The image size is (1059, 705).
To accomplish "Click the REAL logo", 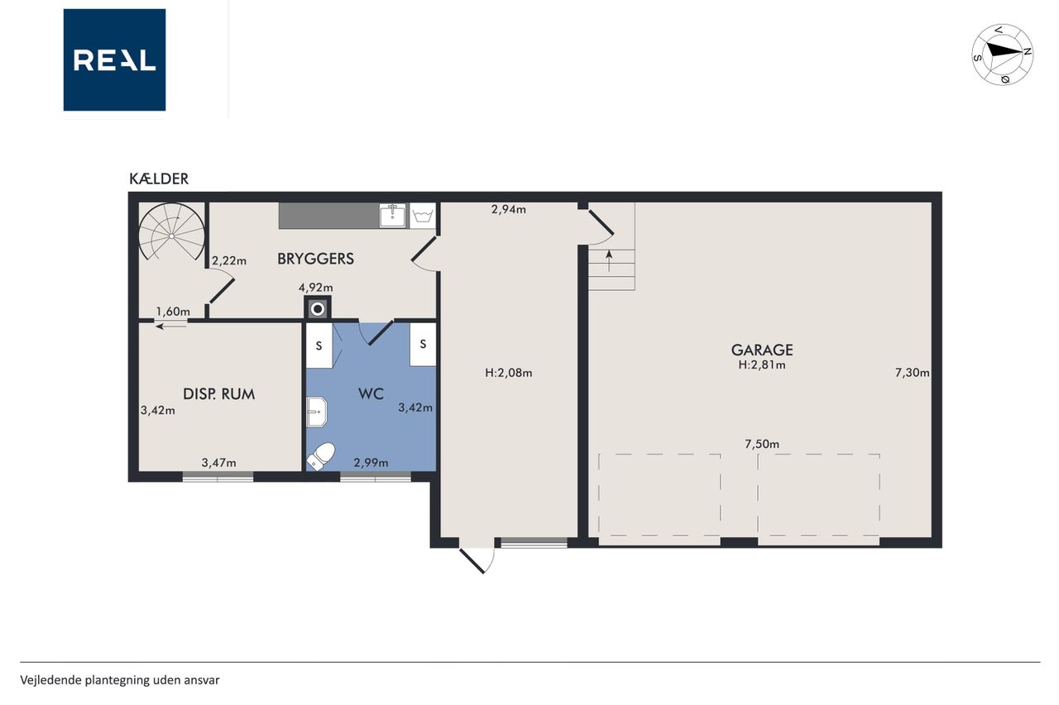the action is tap(114, 60).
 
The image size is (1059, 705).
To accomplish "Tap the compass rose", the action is tap(1002, 55).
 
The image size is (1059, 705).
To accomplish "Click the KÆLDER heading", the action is tap(159, 179).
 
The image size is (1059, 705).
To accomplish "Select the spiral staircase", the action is tap(171, 232).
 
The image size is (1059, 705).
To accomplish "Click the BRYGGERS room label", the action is tap(315, 259).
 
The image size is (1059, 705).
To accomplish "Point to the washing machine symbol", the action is tap(423, 216).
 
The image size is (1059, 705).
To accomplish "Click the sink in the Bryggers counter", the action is tap(393, 216).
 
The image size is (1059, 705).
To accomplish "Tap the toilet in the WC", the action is tap(321, 456).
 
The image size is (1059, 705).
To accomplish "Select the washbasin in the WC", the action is tap(316, 412).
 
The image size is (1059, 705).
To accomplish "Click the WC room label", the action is tap(371, 393).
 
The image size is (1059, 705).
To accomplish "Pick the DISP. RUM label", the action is tap(219, 393).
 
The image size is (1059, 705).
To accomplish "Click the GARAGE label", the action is tap(762, 350).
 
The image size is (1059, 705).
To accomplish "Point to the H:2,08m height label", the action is tap(509, 373).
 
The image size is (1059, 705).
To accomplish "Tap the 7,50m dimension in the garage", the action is tap(762, 444).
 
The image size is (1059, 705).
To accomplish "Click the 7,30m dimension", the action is tap(912, 373).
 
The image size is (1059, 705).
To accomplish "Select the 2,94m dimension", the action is tap(509, 209).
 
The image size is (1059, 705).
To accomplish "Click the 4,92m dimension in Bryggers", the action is tap(316, 287).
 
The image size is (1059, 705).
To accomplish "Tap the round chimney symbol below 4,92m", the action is tap(318, 309).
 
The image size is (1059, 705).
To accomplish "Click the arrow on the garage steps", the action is tap(609, 260).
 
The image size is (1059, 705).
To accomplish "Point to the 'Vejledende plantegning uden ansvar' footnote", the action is tap(120, 680).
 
